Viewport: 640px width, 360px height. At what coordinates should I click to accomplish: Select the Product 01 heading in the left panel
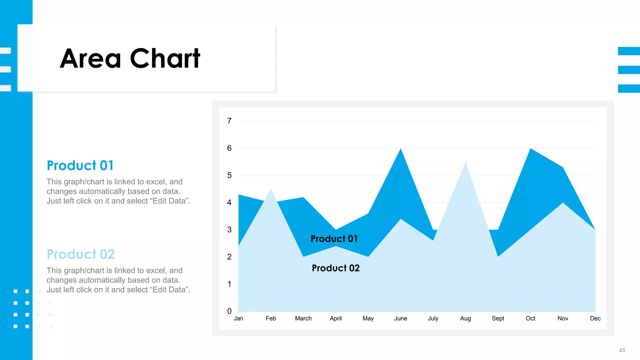coord(80,166)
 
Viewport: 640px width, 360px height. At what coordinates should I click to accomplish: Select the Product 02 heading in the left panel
coord(81,254)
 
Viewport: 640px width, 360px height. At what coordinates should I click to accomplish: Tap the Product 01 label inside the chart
coord(334,239)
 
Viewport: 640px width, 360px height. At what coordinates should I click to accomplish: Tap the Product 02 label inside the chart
coord(336,268)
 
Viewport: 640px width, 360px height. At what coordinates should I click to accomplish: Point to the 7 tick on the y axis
coord(229,121)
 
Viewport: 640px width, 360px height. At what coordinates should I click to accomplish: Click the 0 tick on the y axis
coord(229,311)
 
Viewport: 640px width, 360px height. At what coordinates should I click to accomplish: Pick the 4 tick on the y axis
coord(229,202)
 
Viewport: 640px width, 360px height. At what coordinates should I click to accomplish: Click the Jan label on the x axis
coord(238,318)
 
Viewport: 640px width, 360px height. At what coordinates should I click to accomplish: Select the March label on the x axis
coord(303,318)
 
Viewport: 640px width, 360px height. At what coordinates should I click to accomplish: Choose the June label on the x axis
coord(400,318)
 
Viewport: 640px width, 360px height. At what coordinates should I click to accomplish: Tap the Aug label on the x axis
coord(465,318)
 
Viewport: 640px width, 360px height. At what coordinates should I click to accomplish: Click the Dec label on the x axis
coord(595,318)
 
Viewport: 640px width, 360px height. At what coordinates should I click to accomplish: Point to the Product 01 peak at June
coord(401,149)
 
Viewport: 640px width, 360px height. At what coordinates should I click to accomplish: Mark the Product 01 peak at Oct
coord(531,149)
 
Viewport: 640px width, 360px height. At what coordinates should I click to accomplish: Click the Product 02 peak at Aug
coord(466,163)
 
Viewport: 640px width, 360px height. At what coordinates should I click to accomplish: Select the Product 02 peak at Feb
coord(271,190)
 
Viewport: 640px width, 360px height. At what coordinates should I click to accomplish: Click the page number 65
coord(622,350)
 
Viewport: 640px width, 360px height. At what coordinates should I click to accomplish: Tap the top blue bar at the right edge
coord(629,51)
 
